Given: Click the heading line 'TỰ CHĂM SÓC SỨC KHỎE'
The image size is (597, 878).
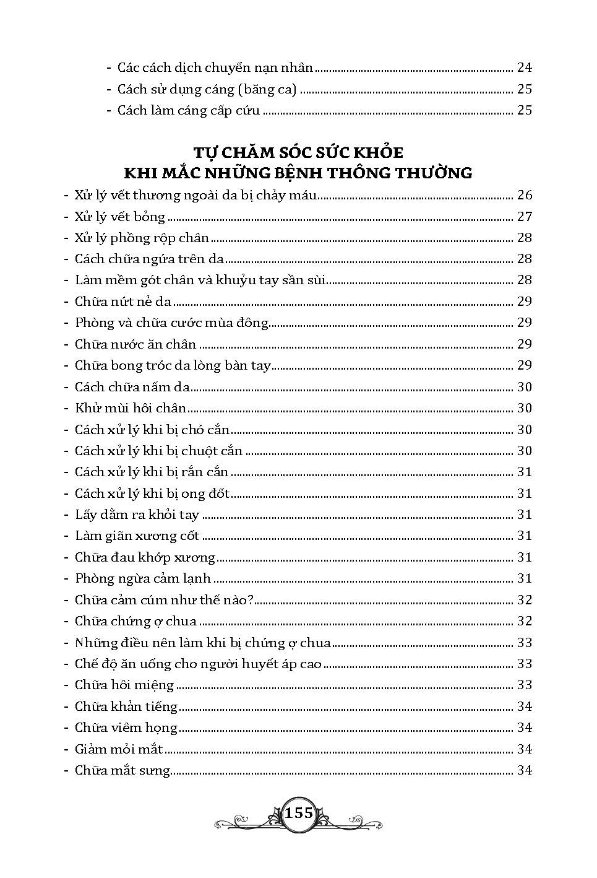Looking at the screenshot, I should tap(298, 152).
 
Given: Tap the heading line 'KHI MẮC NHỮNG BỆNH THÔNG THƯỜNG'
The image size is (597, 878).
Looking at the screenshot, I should tap(298, 173).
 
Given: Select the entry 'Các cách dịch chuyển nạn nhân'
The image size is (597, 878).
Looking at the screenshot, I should tap(215, 67).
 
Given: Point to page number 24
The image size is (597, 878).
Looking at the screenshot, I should tap(524, 67).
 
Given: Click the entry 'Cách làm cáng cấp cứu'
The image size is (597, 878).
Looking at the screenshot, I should tap(189, 110).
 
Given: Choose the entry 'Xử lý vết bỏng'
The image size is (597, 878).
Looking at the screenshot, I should tap(120, 217).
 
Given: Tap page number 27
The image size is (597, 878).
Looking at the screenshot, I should tap(524, 217).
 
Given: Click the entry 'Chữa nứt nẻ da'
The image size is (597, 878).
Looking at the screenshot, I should tap(123, 302).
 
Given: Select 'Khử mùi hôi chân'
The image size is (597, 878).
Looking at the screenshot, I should tap(131, 408).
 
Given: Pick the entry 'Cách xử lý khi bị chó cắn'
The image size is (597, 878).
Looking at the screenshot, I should tap(152, 430).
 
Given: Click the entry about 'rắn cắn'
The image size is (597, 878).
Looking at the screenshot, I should tap(152, 472).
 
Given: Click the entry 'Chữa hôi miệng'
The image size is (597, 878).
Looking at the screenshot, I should tap(124, 685).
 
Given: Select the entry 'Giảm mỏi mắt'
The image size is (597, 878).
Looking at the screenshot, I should tap(119, 749).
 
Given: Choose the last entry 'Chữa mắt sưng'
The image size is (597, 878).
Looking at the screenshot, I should tap(122, 771).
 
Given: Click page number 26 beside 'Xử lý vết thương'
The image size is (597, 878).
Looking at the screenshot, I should tap(524, 196).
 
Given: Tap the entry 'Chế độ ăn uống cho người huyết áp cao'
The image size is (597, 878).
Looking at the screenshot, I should tap(198, 664).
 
